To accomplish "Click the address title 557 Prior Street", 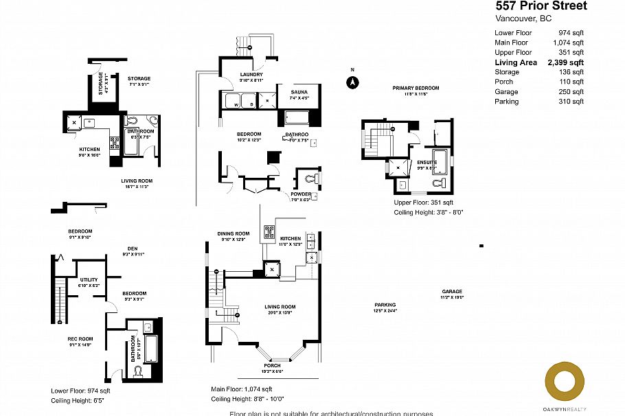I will (x=541, y=6).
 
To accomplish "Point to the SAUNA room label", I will (x=299, y=91).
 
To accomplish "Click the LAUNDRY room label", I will (x=251, y=75).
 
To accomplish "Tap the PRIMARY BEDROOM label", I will (x=416, y=88).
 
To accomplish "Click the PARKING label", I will (x=385, y=305).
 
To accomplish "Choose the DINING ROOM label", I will (x=234, y=233).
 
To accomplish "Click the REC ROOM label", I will (x=80, y=338).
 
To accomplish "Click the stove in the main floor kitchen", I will (x=270, y=231).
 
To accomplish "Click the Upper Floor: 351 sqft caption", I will (x=423, y=203).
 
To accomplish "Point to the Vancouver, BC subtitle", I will (x=523, y=19).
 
